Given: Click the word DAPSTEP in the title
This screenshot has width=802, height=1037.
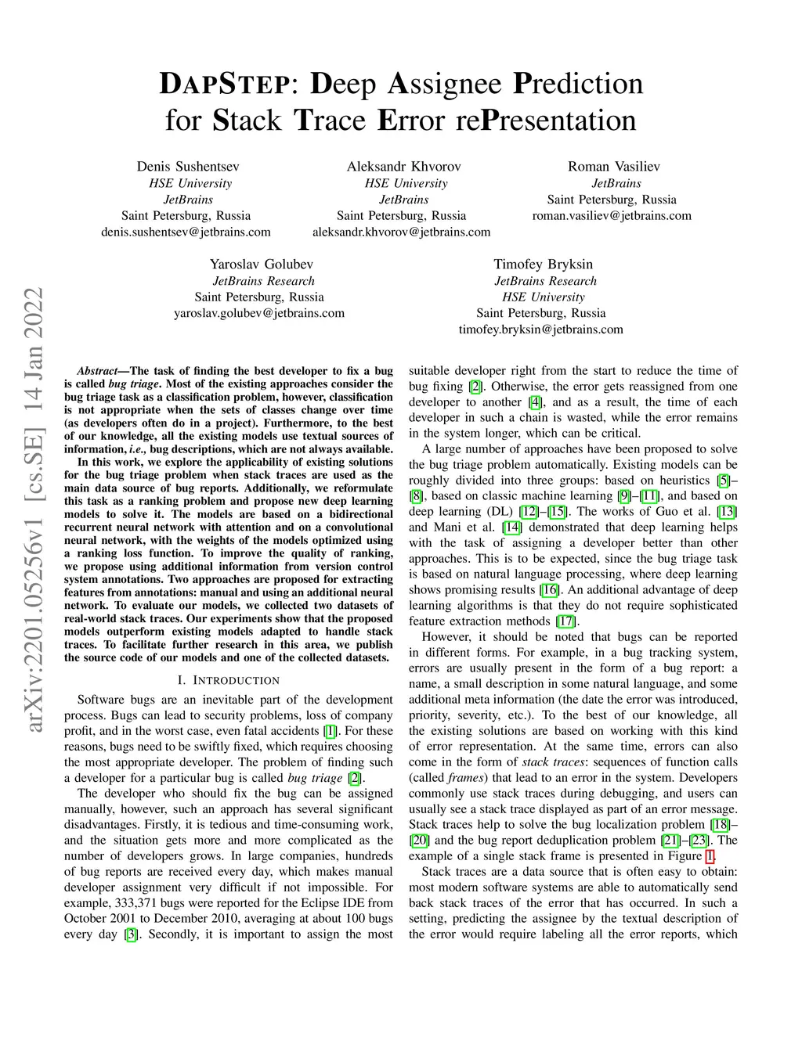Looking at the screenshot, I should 223,84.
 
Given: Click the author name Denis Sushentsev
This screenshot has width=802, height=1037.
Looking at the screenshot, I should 188,166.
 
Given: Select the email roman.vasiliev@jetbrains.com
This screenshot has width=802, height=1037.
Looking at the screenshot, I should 612,215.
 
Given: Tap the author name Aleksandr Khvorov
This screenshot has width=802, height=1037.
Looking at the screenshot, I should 403,166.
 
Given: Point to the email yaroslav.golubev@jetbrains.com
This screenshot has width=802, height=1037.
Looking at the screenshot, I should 259,313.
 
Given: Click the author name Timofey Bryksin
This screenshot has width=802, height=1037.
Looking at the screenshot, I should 543,264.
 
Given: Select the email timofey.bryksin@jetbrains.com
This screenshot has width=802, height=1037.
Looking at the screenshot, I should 540,329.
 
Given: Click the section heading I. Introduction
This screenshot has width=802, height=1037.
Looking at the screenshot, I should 228,680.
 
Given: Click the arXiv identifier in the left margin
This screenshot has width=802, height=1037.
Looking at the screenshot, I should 34,509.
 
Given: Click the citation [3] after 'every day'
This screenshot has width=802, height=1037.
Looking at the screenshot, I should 132,934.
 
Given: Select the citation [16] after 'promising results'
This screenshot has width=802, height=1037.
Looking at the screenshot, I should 550,590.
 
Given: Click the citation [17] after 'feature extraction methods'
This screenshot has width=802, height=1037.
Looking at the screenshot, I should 565,621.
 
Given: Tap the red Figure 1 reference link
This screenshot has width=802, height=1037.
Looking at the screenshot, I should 710,856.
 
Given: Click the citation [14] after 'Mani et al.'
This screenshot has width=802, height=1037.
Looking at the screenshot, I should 511,528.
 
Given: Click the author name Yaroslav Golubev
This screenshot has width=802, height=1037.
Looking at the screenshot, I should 261,264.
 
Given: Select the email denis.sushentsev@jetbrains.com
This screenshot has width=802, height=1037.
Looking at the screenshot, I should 186,232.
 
